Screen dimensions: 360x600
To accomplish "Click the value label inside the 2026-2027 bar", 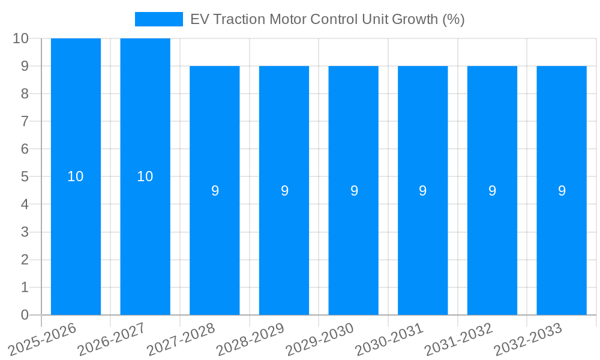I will (145, 176).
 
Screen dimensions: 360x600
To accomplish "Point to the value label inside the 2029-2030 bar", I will (354, 191).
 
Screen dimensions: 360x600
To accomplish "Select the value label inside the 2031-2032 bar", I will (492, 191).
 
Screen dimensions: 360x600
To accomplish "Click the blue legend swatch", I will (158, 19).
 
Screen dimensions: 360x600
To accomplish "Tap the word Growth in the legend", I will (415, 19).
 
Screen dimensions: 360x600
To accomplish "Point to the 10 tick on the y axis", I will (20, 38).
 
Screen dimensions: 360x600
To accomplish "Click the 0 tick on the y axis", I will (25, 315).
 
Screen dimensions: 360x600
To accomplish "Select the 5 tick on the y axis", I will (25, 177).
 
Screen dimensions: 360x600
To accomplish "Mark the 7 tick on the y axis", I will (25, 121).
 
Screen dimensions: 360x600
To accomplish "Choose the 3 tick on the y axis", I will (25, 232).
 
